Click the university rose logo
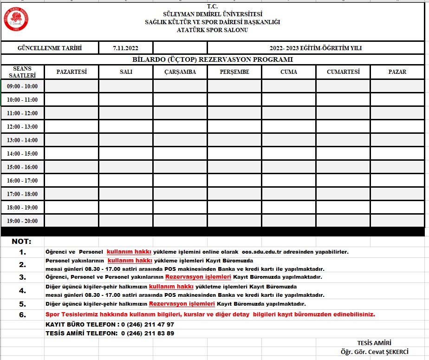(17, 20)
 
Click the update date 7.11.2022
(125, 48)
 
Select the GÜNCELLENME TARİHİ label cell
(50, 48)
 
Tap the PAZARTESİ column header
(71, 72)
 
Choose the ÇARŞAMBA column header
(180, 72)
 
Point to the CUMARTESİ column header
(343, 72)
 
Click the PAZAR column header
(397, 72)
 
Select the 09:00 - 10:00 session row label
(22, 86)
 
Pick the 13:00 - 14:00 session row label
(22, 140)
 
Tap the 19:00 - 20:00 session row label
(22, 221)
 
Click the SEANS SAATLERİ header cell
(22, 72)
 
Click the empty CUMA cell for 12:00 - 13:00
(289, 127)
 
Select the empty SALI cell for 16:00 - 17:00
(126, 181)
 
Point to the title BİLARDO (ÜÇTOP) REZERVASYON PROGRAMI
(213, 59)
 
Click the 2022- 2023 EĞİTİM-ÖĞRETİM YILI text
(315, 48)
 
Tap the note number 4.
(23, 291)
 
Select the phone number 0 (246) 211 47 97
(147, 324)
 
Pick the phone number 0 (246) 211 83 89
(147, 333)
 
